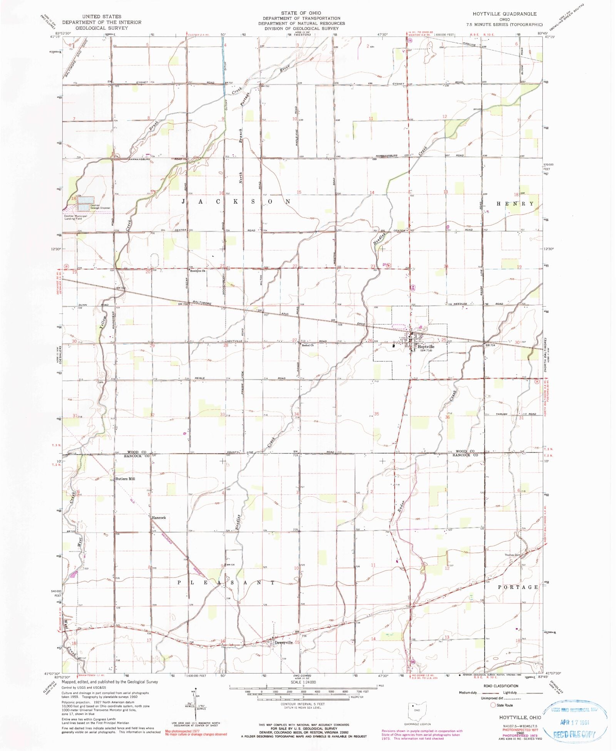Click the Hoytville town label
(426, 346)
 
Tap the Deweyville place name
(283, 642)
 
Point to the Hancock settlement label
(159, 517)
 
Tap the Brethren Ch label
(198, 271)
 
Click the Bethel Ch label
(308, 345)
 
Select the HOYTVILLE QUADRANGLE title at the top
(504, 14)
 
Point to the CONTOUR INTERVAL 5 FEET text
(303, 704)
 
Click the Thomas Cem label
(513, 555)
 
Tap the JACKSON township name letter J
(184, 202)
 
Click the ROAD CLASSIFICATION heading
(501, 686)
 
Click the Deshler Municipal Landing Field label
(75, 217)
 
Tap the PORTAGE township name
(518, 587)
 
